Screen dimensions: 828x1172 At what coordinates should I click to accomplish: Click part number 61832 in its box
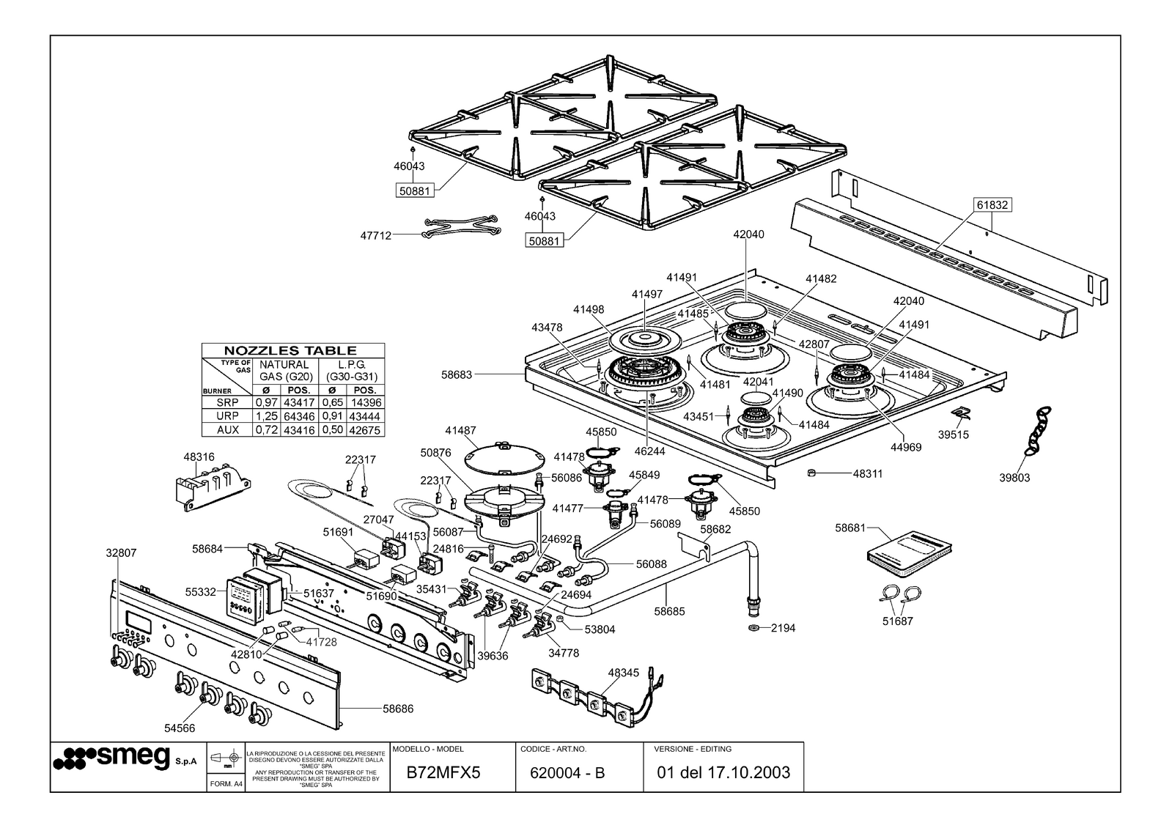[x=992, y=205]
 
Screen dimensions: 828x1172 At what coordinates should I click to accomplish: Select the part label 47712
[x=375, y=236]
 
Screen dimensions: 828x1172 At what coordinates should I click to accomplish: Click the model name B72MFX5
[x=443, y=772]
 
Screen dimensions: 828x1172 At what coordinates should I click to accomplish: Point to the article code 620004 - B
[x=567, y=772]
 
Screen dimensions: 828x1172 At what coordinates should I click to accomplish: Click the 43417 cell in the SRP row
[x=298, y=403]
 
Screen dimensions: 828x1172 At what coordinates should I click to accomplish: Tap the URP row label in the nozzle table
[x=227, y=416]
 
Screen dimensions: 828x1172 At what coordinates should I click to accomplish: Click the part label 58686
[x=398, y=709]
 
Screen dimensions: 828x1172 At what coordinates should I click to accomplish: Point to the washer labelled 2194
[x=753, y=628]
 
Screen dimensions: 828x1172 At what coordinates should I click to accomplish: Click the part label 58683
[x=456, y=374]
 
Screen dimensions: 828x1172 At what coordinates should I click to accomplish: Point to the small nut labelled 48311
[x=811, y=473]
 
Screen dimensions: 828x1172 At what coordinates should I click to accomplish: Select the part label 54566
[x=180, y=728]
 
